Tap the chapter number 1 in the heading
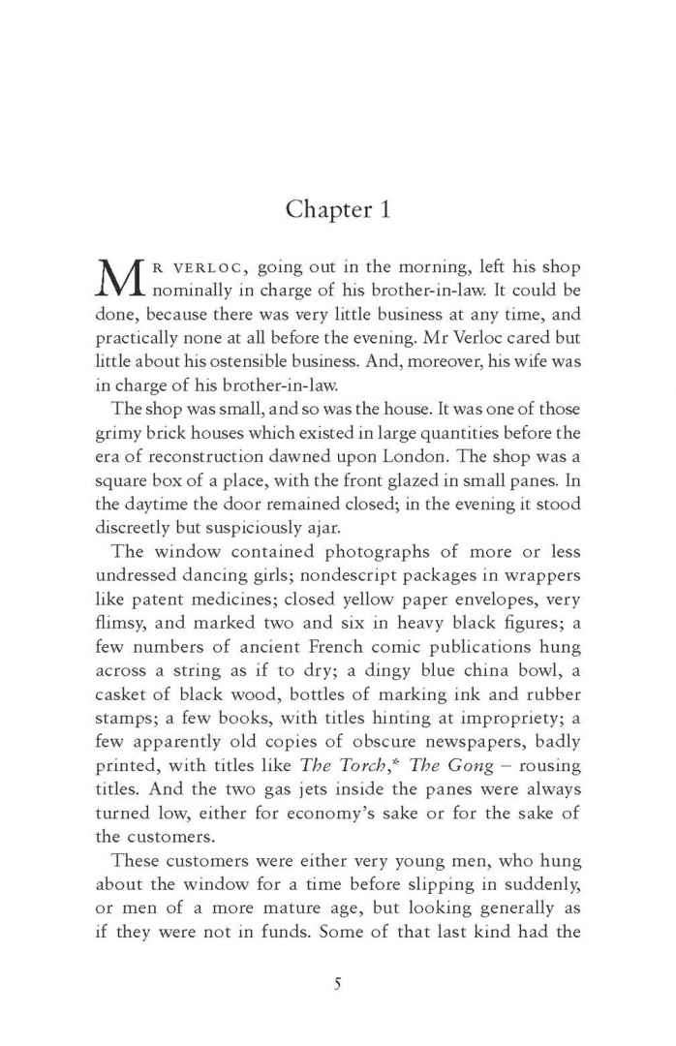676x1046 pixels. (384, 210)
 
